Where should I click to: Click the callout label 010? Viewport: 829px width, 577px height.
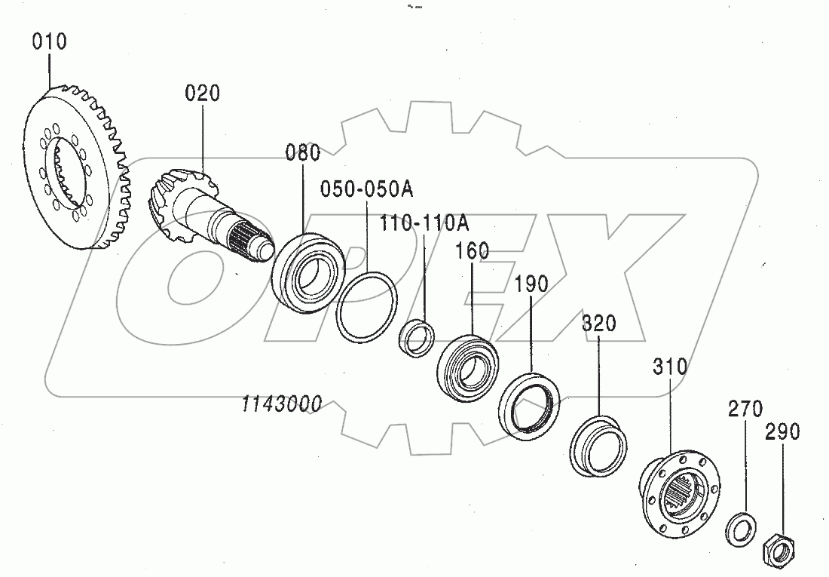(x=49, y=41)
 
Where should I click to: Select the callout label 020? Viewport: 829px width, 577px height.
(x=203, y=94)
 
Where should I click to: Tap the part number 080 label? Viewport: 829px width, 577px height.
(x=302, y=153)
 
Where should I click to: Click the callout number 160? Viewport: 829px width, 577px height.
(x=472, y=251)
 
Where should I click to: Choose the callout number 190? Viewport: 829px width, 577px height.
(x=531, y=284)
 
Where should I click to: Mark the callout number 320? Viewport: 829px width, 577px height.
(x=599, y=324)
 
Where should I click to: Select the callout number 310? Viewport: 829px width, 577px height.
(x=669, y=367)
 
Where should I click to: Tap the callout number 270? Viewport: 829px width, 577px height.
(x=745, y=410)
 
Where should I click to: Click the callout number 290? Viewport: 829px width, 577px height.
(x=782, y=431)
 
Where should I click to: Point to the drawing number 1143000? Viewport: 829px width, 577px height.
(x=281, y=405)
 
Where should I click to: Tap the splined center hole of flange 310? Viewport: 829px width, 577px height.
(x=680, y=493)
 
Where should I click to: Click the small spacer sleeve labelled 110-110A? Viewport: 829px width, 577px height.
(x=416, y=337)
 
